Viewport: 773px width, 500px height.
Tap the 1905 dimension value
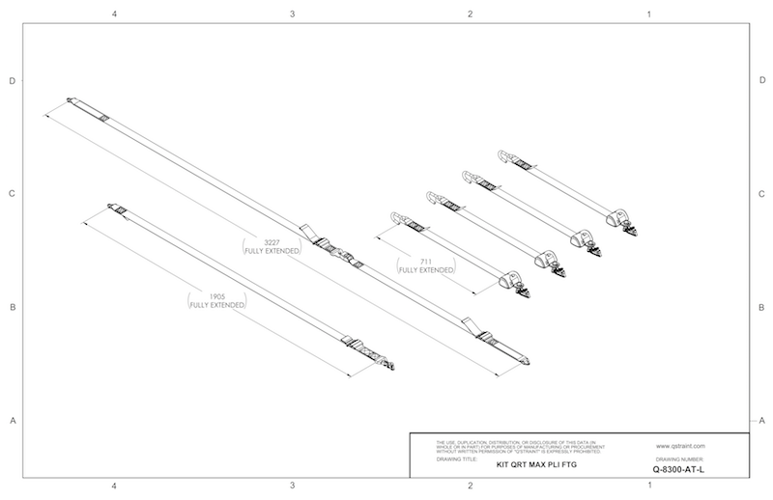217,296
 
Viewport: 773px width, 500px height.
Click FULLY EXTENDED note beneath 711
426,270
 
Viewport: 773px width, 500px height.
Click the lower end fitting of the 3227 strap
528,362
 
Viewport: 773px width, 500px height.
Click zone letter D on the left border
12,81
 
